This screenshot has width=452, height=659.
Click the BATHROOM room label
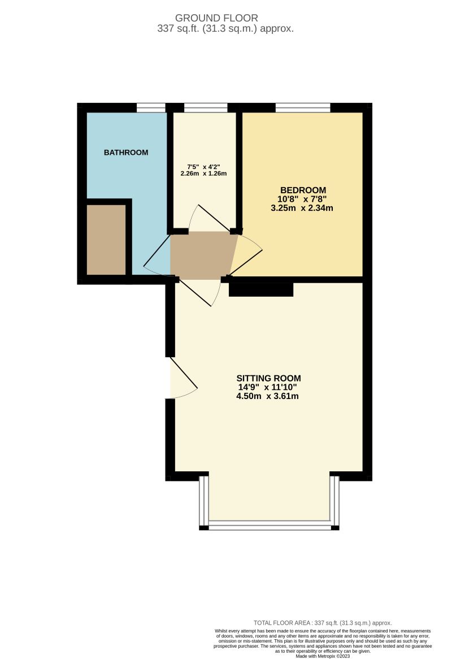tap(126, 153)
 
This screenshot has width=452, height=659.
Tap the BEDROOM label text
tap(303, 190)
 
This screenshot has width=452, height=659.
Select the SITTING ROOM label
tap(268, 378)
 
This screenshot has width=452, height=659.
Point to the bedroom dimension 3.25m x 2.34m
tap(302, 208)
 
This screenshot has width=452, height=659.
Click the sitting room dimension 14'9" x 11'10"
tap(268, 387)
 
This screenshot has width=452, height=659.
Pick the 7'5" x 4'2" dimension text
tap(203, 167)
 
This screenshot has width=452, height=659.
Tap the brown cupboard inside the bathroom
tap(106, 240)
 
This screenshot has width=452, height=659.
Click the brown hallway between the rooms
tap(203, 255)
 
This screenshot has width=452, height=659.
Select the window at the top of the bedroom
tap(302, 107)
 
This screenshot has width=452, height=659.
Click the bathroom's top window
tap(151, 107)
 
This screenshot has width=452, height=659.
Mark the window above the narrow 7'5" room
tap(206, 107)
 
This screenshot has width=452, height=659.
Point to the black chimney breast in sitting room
tap(261, 289)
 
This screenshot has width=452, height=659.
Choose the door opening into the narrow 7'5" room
tap(209, 218)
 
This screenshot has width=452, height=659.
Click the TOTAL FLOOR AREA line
tap(321, 622)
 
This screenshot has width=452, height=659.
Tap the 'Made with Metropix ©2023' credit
tap(323, 656)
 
